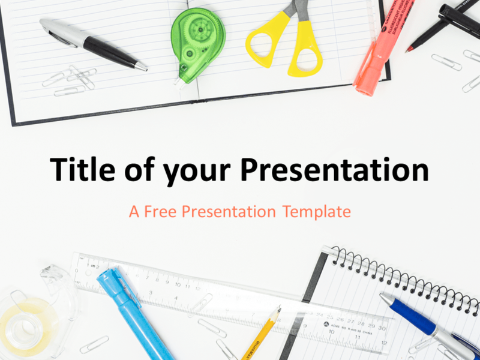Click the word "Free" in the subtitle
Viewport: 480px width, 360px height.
click(160, 211)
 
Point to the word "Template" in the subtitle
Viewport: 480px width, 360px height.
click(317, 212)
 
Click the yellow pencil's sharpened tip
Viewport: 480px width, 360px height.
click(278, 310)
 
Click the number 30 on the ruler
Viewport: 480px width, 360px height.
click(381, 329)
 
